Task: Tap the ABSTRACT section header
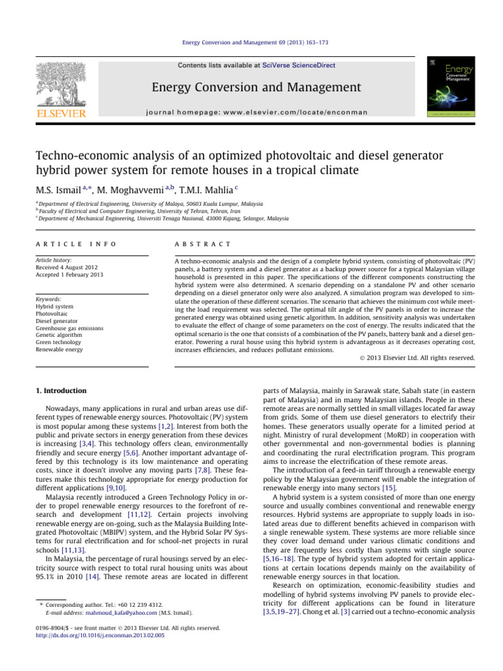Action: click(202, 244)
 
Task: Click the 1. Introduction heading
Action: click(60, 391)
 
